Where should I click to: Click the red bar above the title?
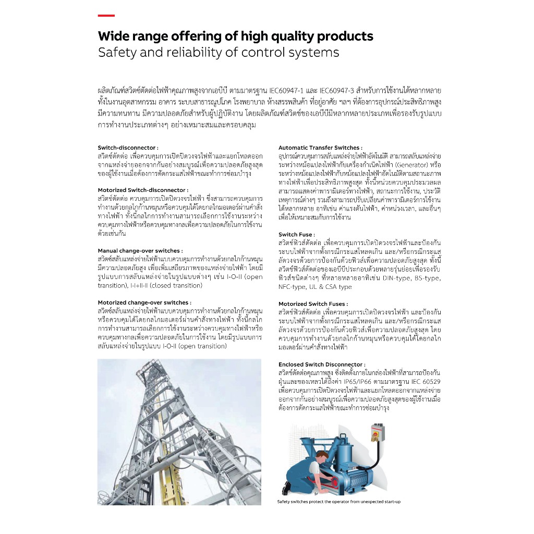pos(106,16)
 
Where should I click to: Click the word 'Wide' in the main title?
pos(114,37)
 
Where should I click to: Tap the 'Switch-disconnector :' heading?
pos(128,148)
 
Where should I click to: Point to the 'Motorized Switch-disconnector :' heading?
pos(143,190)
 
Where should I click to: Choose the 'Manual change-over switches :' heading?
pos(140,251)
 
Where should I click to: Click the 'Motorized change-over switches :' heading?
pos(144,302)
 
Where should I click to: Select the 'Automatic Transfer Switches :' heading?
pos(320,148)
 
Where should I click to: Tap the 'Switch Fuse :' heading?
pos(296,235)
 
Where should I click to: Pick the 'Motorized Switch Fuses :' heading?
pos(313,304)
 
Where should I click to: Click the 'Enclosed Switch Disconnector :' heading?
pos(322,365)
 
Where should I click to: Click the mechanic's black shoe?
pos(287,488)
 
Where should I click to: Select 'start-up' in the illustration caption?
pos(389,502)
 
